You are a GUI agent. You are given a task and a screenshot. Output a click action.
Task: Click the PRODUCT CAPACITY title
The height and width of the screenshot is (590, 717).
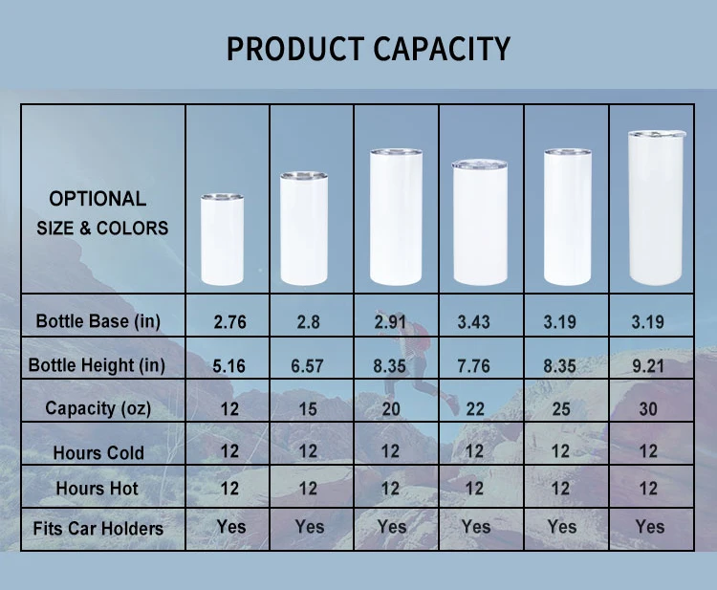368,48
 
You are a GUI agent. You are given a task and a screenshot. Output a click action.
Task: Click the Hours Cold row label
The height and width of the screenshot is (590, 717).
99,452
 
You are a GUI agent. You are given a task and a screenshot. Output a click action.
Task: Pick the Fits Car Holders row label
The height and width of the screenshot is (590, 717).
98,528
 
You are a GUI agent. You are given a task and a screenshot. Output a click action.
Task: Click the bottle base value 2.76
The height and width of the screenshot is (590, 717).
229,322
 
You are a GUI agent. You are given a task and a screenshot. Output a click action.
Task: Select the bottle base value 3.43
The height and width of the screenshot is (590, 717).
474,322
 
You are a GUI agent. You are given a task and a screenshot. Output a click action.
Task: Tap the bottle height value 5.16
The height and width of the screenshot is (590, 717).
229,365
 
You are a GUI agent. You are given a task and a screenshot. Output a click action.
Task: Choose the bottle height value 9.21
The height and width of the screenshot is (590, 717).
648,365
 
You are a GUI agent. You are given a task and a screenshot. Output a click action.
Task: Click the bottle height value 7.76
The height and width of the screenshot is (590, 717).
474,365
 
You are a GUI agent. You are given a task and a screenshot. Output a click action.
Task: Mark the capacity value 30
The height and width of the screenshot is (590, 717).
648,408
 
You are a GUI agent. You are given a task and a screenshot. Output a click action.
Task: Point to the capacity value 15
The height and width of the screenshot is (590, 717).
308,408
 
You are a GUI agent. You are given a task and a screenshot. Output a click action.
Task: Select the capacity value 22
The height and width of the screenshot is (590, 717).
474,408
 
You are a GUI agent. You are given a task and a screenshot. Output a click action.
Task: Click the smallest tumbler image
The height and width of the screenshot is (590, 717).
222,239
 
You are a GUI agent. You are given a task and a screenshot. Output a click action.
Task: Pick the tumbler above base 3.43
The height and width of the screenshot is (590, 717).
480,223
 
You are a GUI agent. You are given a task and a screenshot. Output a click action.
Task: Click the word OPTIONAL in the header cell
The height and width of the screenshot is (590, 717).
98,199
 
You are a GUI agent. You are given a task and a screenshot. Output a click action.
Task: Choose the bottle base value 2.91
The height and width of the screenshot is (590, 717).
392,322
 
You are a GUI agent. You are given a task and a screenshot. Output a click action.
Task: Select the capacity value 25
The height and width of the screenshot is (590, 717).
561,408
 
